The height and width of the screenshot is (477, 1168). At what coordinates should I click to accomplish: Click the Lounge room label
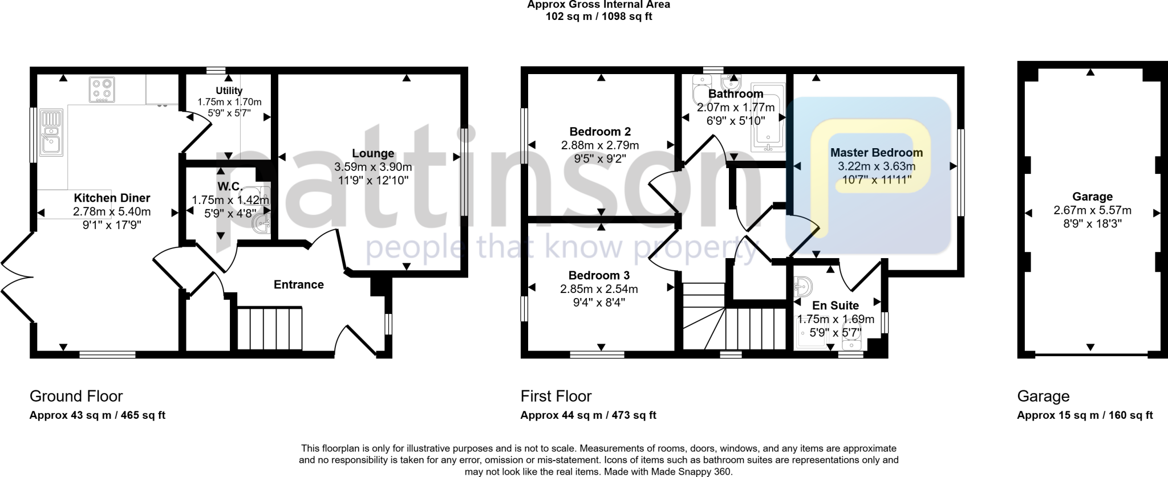[x=373, y=153]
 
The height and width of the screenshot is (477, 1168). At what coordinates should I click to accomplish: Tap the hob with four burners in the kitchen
[x=102, y=90]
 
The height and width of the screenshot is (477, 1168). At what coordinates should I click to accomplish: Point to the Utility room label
[x=229, y=91]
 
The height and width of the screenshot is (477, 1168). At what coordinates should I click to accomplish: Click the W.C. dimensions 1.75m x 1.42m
[x=230, y=201]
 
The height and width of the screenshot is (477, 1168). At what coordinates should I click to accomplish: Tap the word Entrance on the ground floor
[x=298, y=284]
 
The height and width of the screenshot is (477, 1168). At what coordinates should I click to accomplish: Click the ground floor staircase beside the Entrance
[x=269, y=328]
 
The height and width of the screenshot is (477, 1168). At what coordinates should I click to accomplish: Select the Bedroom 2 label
[x=600, y=132]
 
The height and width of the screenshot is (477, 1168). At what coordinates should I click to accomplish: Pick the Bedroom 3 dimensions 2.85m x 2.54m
[x=599, y=289]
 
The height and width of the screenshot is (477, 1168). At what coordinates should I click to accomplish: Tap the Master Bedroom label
[x=876, y=153]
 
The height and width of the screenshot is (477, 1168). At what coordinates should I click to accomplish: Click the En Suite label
[x=835, y=305]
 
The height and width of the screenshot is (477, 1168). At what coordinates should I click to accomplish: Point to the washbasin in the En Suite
[x=804, y=287]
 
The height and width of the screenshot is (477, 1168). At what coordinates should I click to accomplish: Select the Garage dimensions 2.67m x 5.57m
[x=1092, y=210]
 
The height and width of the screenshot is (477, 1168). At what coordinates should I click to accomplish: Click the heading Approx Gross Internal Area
[x=598, y=5]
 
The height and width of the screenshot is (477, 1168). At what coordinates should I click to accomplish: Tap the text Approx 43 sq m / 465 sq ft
[x=97, y=415]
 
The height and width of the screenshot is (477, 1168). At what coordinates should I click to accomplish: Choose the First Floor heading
[x=556, y=396]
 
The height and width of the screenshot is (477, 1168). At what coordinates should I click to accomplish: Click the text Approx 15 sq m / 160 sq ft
[x=1085, y=415]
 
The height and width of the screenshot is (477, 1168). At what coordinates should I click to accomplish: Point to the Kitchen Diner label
[x=112, y=198]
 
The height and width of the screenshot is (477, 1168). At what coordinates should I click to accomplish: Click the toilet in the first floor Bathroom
[x=699, y=91]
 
